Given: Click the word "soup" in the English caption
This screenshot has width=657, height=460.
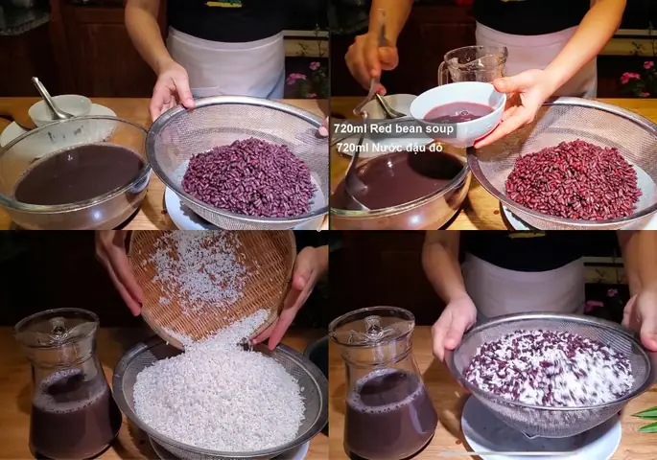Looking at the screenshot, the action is [x=437, y=129].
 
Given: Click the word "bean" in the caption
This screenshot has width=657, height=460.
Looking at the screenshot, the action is [x=400, y=128].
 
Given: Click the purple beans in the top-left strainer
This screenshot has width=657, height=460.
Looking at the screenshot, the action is [x=248, y=177].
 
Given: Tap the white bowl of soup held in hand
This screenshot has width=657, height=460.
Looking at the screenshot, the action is [x=458, y=112].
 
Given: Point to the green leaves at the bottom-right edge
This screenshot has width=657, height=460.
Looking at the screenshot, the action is [x=645, y=420].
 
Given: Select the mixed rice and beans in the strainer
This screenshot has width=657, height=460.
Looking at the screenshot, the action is [x=548, y=367].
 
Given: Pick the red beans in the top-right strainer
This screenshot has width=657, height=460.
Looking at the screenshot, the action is [x=574, y=179].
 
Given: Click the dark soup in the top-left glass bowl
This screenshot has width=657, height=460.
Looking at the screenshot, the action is [x=79, y=173].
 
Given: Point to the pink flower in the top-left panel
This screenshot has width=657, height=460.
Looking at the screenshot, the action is [x=296, y=79].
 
